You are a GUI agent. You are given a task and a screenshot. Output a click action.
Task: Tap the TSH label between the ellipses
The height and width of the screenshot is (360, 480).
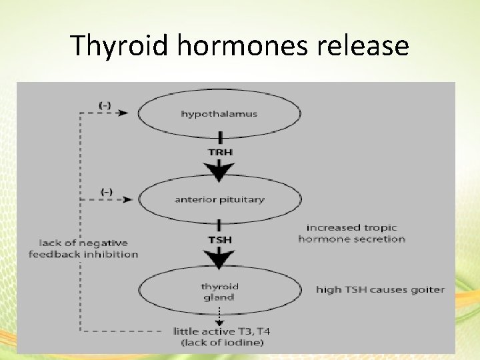(x=219, y=237)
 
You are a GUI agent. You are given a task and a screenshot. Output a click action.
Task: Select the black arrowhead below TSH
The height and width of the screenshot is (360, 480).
(x=219, y=259)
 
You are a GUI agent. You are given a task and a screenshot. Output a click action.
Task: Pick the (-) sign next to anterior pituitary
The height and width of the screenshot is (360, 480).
(x=105, y=191)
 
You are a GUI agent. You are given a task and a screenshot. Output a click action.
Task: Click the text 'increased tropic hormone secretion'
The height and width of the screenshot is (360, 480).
(x=351, y=233)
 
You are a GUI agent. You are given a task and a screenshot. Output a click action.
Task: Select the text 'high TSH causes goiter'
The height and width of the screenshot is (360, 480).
(x=380, y=290)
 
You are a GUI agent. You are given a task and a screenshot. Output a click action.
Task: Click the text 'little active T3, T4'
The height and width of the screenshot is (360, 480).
(x=219, y=331)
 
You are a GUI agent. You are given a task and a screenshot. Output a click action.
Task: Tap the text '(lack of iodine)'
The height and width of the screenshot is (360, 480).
(x=219, y=343)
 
